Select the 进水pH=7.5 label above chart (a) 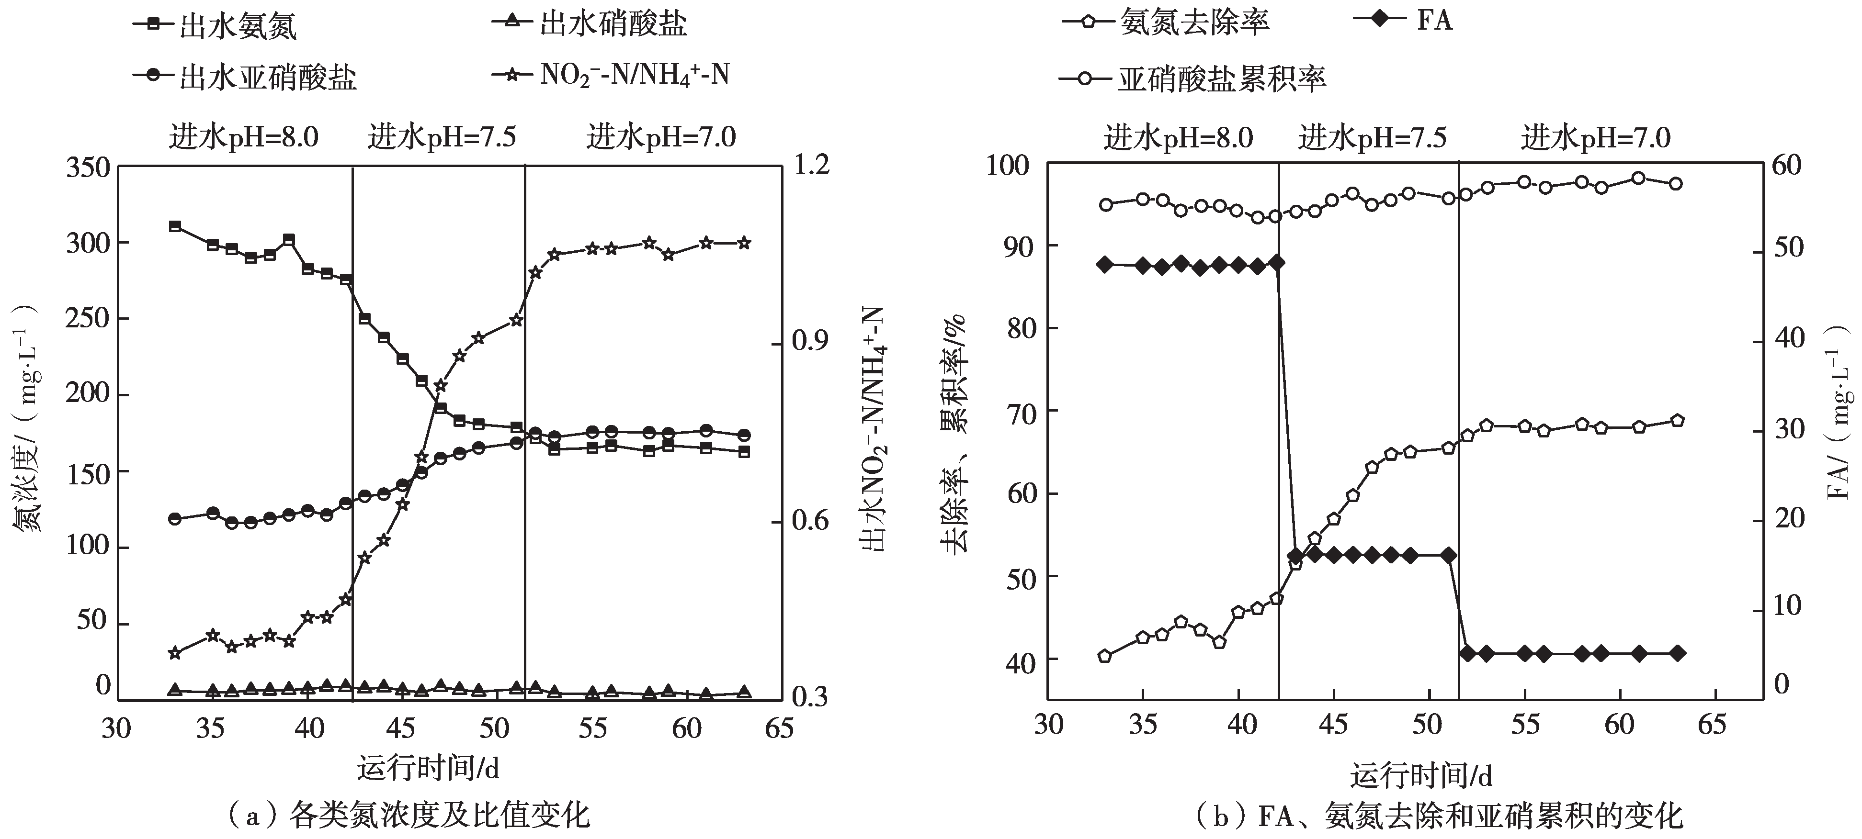coord(442,136)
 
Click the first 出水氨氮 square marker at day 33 coord(174,226)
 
